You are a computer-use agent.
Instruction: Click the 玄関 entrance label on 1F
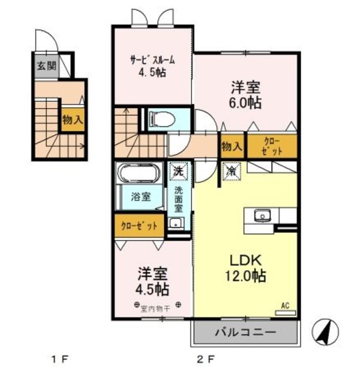(x=43, y=64)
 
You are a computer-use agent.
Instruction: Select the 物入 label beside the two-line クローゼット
(x=231, y=147)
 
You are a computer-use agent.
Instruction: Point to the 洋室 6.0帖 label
(x=246, y=95)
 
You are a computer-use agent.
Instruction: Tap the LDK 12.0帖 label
(x=244, y=268)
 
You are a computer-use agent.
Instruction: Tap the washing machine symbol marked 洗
(x=178, y=171)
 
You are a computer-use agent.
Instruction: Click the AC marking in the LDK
(x=285, y=306)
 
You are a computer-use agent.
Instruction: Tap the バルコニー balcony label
(x=246, y=332)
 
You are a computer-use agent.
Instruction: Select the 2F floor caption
(x=205, y=359)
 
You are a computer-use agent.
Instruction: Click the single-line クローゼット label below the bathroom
(x=139, y=225)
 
